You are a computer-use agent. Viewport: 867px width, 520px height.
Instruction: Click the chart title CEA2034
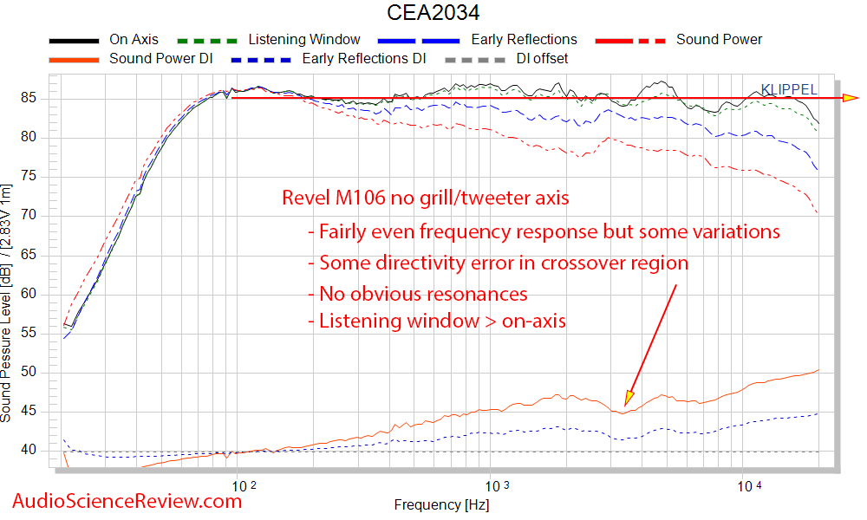pos(433,13)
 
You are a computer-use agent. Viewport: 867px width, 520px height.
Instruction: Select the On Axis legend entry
pos(131,39)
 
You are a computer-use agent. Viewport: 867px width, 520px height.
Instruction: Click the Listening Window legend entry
pos(303,39)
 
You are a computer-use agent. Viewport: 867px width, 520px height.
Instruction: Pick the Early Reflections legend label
pos(524,39)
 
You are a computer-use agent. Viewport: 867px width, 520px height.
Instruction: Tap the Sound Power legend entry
pos(719,39)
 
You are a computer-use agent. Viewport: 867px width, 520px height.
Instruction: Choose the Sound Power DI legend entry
pos(160,59)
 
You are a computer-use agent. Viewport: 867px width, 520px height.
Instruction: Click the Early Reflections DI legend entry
pos(363,59)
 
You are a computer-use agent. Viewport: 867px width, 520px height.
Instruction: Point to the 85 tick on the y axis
pos(39,98)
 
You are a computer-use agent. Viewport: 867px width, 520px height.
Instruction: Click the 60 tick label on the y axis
pos(39,294)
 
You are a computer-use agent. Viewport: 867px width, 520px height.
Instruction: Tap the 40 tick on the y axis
pos(39,450)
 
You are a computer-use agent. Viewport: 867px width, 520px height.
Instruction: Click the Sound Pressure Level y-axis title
pos(8,303)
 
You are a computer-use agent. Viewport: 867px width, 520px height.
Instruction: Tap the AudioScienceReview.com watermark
pos(127,500)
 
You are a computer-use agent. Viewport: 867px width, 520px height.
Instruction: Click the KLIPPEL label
pos(788,88)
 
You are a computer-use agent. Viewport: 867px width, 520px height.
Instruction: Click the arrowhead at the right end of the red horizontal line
pos(851,98)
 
